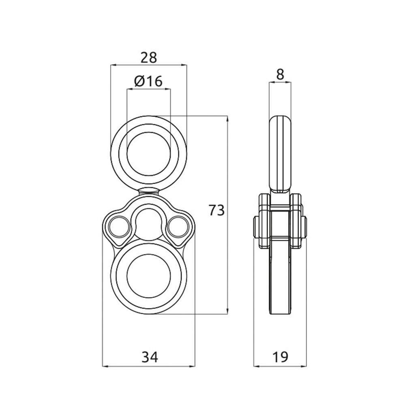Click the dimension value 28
[149, 58]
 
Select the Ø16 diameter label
[148, 81]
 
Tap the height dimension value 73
[216, 210]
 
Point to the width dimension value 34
[149, 357]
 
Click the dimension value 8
[280, 75]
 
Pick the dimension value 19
[280, 357]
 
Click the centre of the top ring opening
[148, 154]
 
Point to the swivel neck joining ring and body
[149, 192]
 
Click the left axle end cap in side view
[256, 229]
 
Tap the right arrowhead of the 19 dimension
[304, 366]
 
